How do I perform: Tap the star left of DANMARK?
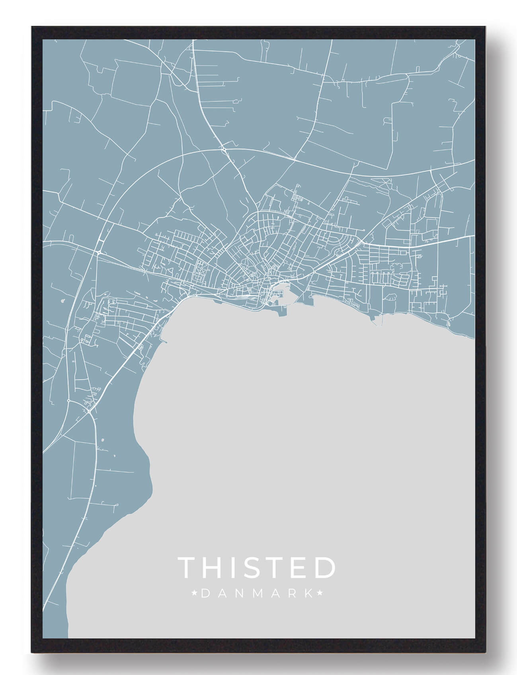click(x=195, y=594)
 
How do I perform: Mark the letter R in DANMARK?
click(x=292, y=594)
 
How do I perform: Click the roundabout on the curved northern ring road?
click(x=224, y=149)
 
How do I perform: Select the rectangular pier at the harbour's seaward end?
click(x=282, y=312)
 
